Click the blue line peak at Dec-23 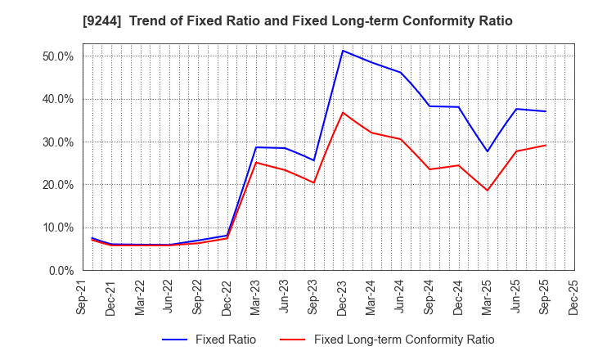[343, 51]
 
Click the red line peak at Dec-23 [343, 112]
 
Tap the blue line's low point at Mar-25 [488, 151]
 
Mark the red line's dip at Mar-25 [488, 191]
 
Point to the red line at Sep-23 [314, 182]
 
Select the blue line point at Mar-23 [256, 147]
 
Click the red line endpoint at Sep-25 [546, 146]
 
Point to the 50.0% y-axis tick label [58, 56]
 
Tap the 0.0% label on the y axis [61, 270]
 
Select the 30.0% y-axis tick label [58, 142]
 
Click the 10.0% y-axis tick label [58, 227]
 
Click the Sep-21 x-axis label [83, 297]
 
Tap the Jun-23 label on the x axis [285, 297]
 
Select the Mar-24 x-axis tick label [371, 297]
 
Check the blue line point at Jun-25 [516, 109]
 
